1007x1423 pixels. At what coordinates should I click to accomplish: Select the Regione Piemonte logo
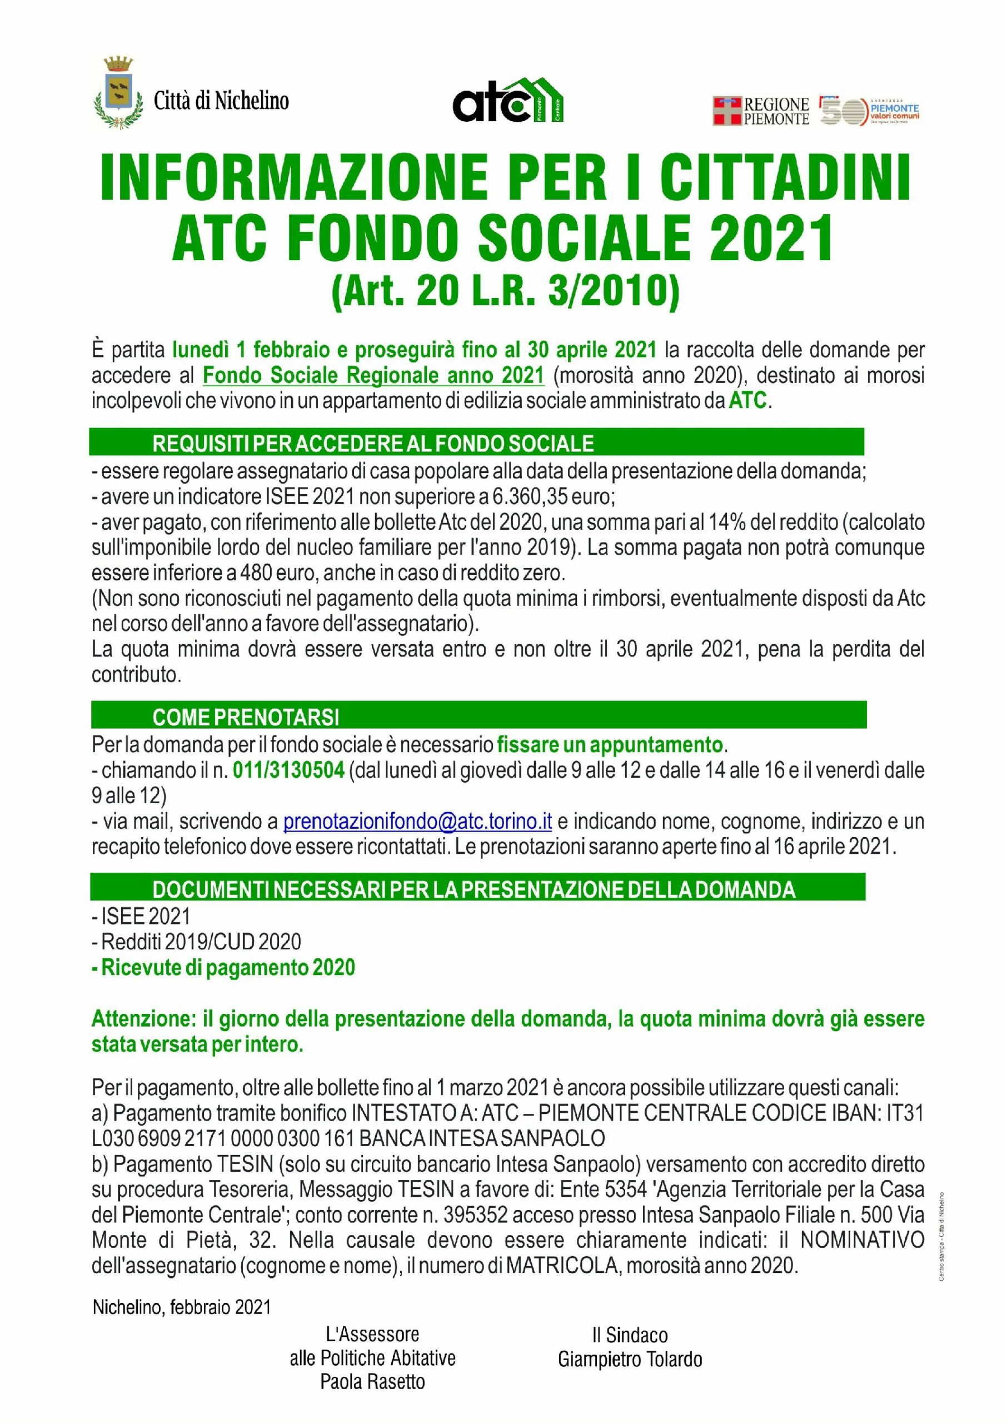click(x=761, y=111)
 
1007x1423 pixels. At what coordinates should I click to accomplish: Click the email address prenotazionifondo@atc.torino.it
click(x=417, y=822)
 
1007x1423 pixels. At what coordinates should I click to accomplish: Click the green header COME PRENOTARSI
click(x=246, y=718)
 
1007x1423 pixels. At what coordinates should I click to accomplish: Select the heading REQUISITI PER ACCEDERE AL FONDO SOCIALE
click(x=373, y=444)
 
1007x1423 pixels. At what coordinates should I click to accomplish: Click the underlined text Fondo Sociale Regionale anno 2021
click(x=373, y=375)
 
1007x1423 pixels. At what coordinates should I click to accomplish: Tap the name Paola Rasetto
click(x=373, y=1382)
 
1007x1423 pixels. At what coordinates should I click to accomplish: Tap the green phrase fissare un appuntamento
click(x=610, y=743)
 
